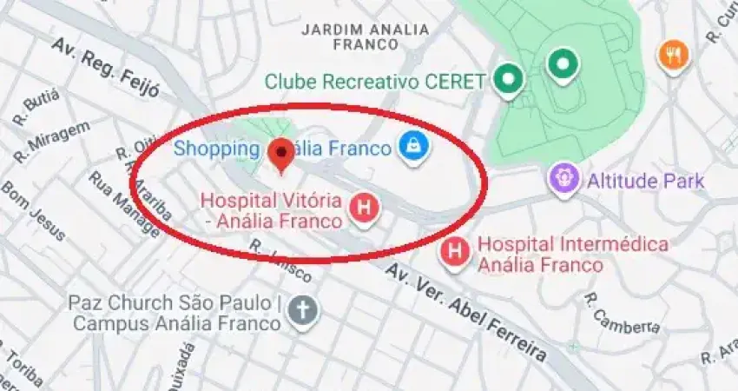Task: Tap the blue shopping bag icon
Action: pyautogui.click(x=412, y=147)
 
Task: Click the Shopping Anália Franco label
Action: pyautogui.click(x=282, y=149)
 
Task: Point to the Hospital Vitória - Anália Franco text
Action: pyautogui.click(x=272, y=210)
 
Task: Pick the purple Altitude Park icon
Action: pyautogui.click(x=564, y=180)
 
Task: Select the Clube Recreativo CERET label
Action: pyautogui.click(x=375, y=82)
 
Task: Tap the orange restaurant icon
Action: pyautogui.click(x=673, y=55)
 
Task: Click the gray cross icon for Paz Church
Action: pyautogui.click(x=303, y=310)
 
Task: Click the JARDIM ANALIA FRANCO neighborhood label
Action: pyautogui.click(x=365, y=36)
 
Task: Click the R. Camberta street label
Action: pyautogui.click(x=622, y=316)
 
